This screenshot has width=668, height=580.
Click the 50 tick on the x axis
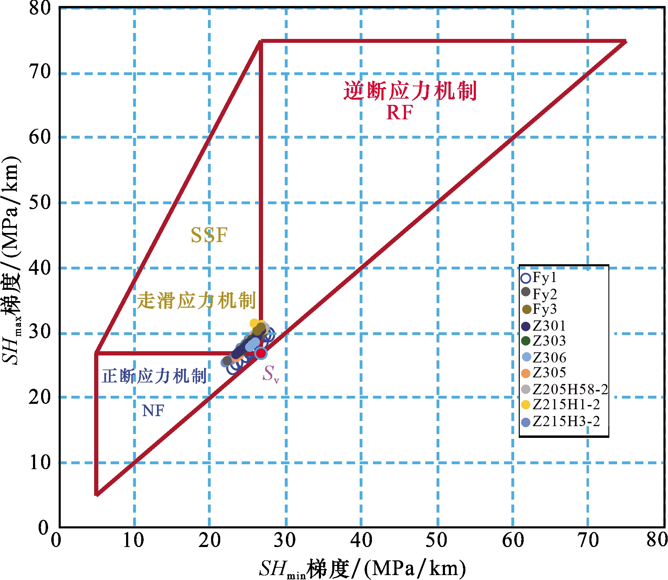tap(437, 540)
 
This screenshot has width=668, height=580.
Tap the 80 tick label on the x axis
tap(657, 540)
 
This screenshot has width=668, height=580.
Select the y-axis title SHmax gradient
tap(11, 261)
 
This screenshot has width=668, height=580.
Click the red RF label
tap(399, 113)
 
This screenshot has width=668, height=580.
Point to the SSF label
tap(209, 235)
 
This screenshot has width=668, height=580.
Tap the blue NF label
tap(153, 411)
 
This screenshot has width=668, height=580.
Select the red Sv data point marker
tap(261, 353)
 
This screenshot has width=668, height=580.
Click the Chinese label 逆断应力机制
tap(410, 91)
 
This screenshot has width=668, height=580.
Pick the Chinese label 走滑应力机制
tap(196, 301)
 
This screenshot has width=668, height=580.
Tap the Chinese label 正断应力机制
tap(154, 376)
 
